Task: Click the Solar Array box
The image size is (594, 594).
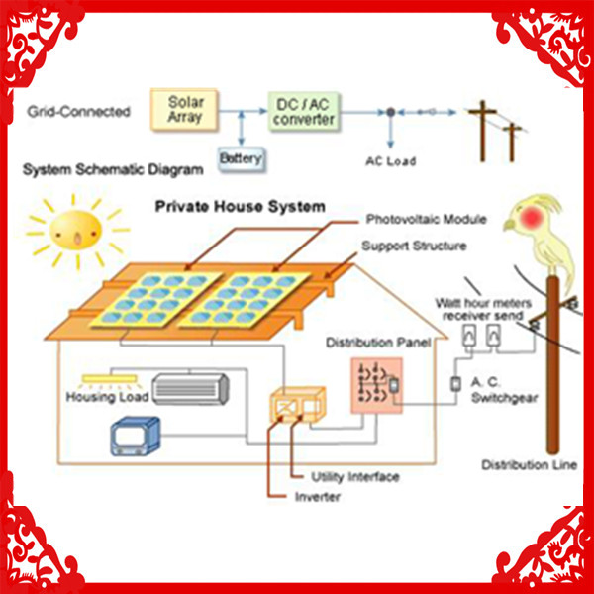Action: [184, 110]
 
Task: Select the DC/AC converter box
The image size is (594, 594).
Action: [304, 111]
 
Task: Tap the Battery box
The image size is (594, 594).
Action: [242, 159]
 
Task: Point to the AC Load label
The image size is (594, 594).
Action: [391, 161]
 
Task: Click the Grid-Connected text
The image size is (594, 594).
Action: [79, 111]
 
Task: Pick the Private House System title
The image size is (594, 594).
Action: [241, 207]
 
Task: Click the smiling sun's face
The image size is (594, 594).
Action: [76, 231]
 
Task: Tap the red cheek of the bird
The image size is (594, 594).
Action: [531, 217]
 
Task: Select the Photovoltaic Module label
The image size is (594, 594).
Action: [426, 219]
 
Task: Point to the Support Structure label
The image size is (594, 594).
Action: [414, 246]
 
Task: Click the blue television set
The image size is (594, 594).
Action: [136, 436]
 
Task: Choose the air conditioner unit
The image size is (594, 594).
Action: [190, 389]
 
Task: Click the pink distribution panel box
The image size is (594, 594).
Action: [376, 385]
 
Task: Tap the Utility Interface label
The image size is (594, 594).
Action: [355, 477]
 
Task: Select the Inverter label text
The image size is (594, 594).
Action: [318, 497]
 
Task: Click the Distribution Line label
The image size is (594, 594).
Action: [530, 465]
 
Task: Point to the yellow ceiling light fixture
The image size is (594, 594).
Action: [110, 378]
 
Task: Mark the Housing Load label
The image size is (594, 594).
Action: [107, 397]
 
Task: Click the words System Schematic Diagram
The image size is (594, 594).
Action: [113, 169]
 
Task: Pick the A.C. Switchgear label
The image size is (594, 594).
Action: [504, 390]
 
